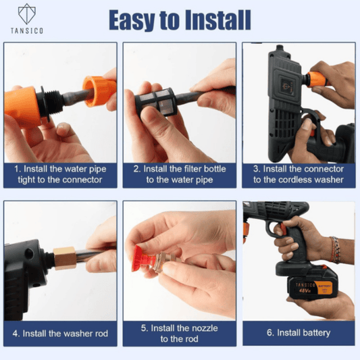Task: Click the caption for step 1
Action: click(x=59, y=174)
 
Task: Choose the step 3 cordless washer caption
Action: click(x=298, y=174)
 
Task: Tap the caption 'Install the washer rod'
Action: click(x=59, y=333)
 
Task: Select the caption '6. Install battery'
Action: click(x=298, y=332)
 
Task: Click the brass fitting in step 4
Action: click(x=64, y=257)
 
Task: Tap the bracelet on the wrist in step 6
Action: click(x=334, y=249)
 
